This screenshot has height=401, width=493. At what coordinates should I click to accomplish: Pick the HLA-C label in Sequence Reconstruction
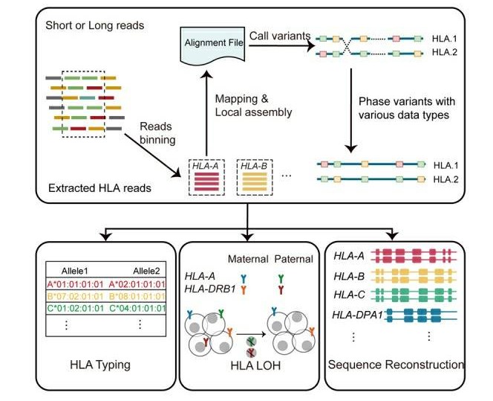click(350, 295)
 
